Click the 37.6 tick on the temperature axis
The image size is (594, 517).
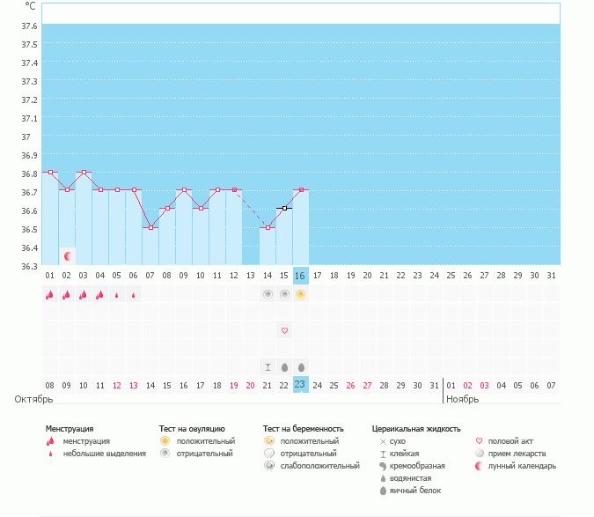click(29, 26)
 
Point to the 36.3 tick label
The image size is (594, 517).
click(29, 265)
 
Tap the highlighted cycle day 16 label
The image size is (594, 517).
click(300, 276)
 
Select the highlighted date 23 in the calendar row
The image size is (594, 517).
click(300, 384)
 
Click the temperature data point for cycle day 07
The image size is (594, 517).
click(150, 227)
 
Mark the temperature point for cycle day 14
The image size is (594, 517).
click(268, 227)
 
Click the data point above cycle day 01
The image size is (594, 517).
click(50, 173)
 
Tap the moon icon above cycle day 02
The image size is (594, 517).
click(67, 256)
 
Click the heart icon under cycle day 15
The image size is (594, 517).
click(284, 330)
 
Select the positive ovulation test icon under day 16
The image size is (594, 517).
click(300, 294)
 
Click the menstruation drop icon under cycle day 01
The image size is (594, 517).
click(50, 295)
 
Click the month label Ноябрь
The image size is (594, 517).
click(464, 400)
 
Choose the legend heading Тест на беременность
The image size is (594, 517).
click(303, 429)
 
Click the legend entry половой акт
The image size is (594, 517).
click(510, 441)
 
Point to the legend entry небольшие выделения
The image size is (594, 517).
click(104, 454)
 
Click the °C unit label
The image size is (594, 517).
click(30, 5)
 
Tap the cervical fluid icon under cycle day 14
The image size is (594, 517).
click(268, 366)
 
